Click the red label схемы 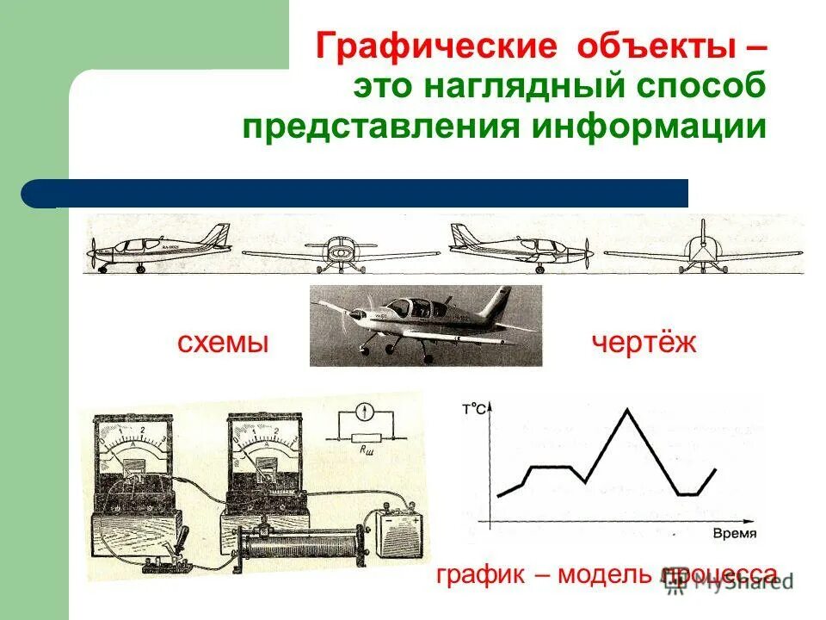tap(224, 344)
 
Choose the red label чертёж tap(644, 344)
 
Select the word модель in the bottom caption tap(606, 574)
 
